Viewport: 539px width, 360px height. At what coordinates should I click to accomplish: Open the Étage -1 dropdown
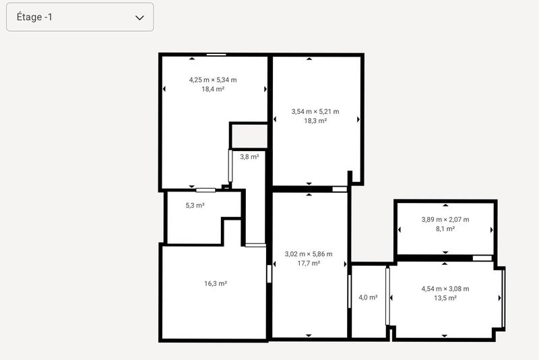click(x=80, y=17)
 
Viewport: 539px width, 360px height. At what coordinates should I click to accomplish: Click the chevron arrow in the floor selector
click(x=139, y=18)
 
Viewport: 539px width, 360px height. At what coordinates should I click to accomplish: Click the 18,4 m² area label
click(x=213, y=89)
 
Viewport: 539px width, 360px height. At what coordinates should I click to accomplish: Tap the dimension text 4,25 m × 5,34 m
click(x=213, y=80)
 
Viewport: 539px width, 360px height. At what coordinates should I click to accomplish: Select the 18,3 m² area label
click(x=315, y=121)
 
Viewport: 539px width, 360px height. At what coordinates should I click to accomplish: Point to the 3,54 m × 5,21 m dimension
click(x=315, y=111)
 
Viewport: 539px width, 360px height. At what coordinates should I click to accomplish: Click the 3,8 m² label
click(x=249, y=156)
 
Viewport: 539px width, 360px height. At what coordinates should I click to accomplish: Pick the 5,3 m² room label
click(x=195, y=206)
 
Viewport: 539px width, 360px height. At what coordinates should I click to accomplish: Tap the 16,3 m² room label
click(x=216, y=284)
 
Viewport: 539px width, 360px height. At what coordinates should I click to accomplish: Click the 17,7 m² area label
click(x=309, y=263)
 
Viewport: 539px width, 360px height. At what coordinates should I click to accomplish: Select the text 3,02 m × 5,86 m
click(x=309, y=254)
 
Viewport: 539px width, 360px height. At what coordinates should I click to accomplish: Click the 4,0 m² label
click(x=368, y=297)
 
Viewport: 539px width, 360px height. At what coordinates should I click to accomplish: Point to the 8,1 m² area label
click(x=445, y=229)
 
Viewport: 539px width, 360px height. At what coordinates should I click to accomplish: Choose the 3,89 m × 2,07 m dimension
click(x=445, y=219)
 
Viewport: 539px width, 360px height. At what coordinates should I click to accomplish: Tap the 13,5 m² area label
click(x=445, y=298)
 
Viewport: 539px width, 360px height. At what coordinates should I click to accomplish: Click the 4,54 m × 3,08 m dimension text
click(x=445, y=289)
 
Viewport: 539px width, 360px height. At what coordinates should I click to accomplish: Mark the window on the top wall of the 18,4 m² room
click(x=216, y=55)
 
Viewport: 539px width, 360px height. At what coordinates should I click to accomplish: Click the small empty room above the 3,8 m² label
click(x=249, y=136)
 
